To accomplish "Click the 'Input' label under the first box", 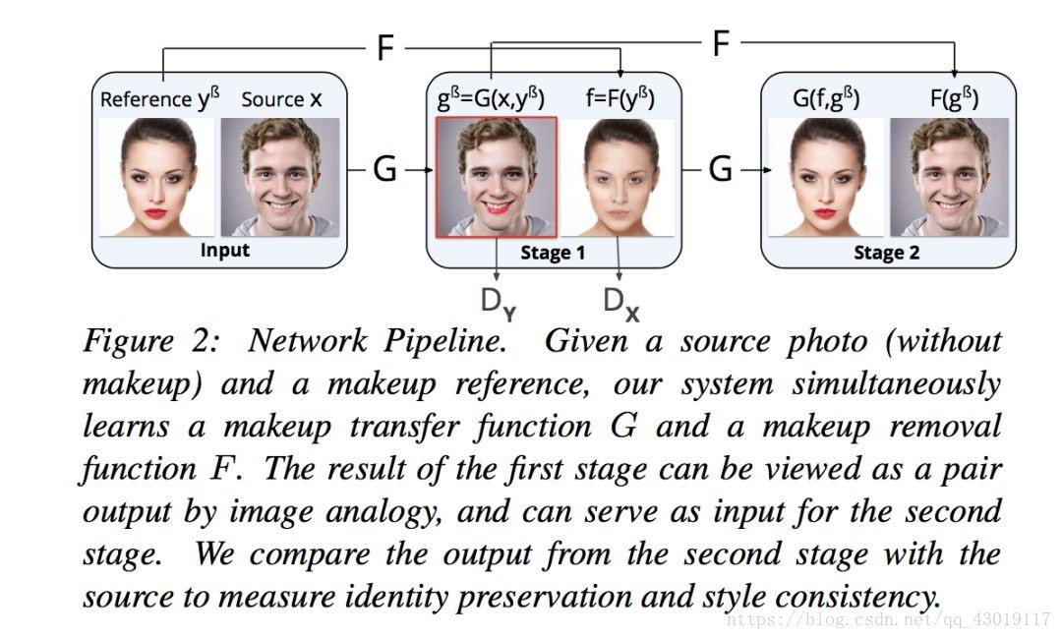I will (225, 250).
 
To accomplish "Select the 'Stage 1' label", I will (553, 253).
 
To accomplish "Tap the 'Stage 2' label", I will (887, 253).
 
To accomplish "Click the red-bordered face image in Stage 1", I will (497, 177).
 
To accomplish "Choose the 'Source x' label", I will (281, 99).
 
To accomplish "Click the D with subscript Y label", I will (497, 304).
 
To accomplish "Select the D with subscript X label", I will (619, 303).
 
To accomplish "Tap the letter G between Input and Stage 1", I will (384, 169).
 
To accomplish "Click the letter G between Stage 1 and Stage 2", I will (721, 169).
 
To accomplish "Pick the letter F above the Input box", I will (385, 48).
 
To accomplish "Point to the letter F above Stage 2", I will (721, 43).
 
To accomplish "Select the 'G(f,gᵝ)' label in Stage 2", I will (826, 99).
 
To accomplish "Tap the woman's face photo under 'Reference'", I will (157, 177).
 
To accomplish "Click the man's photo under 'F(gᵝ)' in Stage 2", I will (949, 177).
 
